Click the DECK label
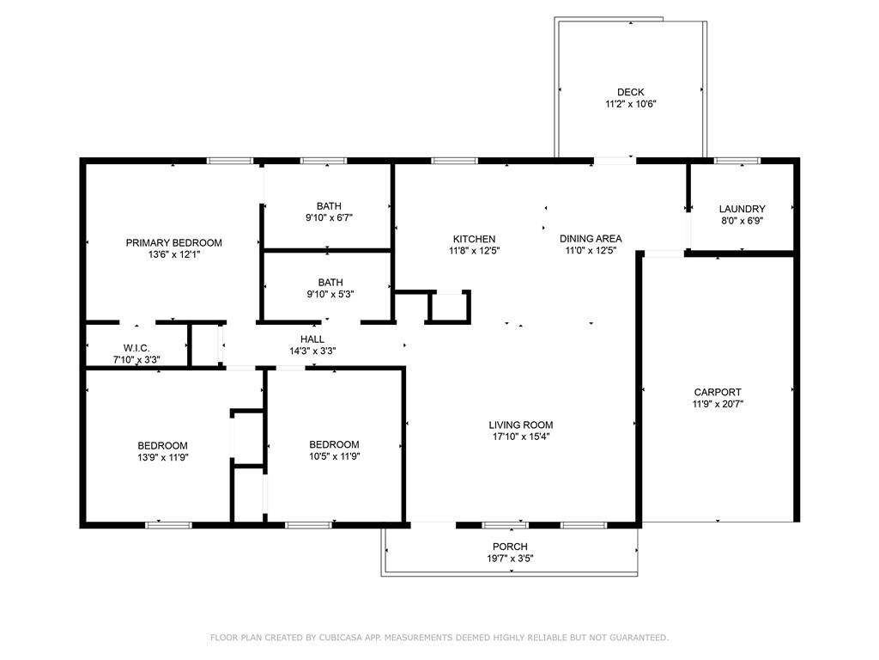[x=630, y=92]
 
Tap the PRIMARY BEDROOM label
[x=173, y=242]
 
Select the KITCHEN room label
[x=474, y=239]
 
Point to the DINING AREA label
[x=591, y=239]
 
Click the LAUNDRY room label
[x=742, y=209]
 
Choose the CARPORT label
[x=718, y=392]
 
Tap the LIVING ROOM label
[x=521, y=425]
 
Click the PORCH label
[x=510, y=546]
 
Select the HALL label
[x=312, y=339]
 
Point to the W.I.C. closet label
[x=136, y=348]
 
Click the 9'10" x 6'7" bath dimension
[x=329, y=217]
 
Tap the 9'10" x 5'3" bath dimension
[x=330, y=294]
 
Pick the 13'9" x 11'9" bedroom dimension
[x=162, y=457]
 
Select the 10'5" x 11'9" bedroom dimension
[x=334, y=456]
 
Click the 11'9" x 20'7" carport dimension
[x=718, y=404]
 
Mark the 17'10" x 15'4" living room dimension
[x=521, y=437]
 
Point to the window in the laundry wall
[x=737, y=161]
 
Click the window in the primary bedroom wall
[x=230, y=161]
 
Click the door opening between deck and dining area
[x=615, y=161]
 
